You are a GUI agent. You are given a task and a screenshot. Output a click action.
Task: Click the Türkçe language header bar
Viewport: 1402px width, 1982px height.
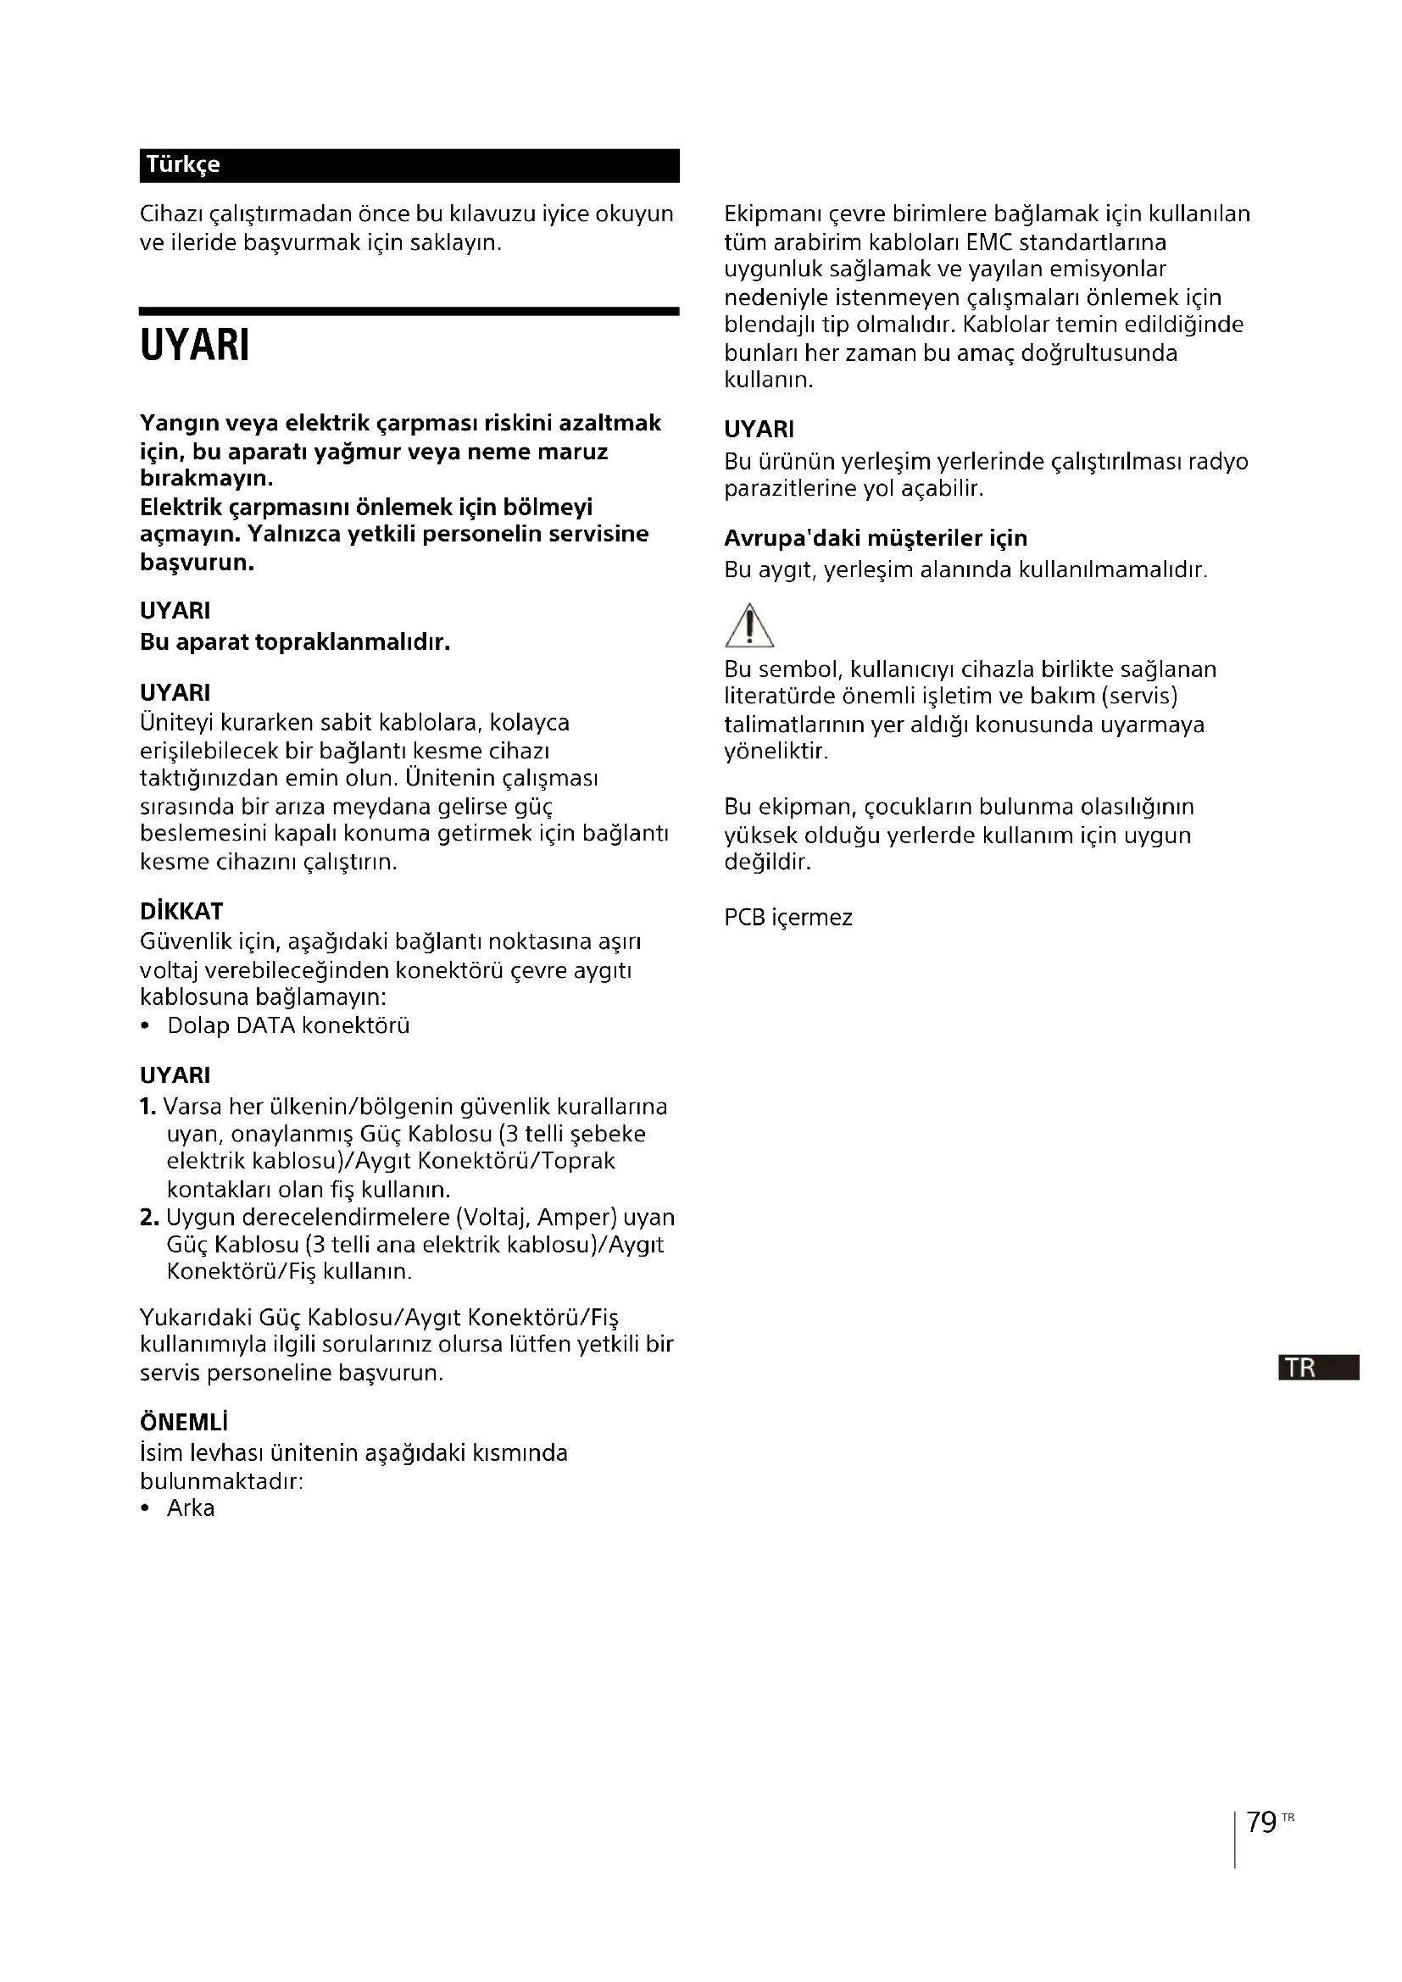point(409,165)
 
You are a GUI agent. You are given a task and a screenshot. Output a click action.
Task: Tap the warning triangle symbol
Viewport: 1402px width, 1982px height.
point(748,625)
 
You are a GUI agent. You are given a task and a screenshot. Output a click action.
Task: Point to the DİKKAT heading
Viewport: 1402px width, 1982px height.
point(181,912)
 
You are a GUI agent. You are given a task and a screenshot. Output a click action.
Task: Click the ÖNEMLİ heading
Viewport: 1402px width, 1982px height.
point(184,1423)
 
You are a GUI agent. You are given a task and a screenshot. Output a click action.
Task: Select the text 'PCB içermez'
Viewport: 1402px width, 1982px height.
point(787,918)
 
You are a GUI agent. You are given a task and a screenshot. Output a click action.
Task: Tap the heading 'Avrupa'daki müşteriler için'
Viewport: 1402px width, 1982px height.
point(876,539)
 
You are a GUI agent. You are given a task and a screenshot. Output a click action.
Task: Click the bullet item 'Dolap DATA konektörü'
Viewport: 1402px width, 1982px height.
point(287,1025)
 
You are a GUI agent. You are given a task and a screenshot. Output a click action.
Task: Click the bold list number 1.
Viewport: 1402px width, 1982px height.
point(147,1107)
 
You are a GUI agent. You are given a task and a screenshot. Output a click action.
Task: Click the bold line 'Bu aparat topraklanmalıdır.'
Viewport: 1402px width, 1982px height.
point(295,642)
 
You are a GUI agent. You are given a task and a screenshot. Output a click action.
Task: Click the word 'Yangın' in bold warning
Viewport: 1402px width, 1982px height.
point(179,424)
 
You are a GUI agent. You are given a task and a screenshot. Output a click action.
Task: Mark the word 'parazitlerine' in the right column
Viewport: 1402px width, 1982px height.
point(787,489)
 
